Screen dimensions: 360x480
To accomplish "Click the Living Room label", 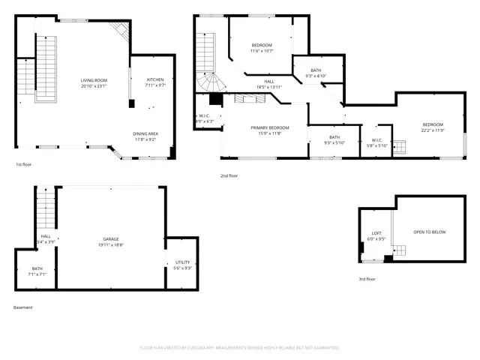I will tap(94, 79).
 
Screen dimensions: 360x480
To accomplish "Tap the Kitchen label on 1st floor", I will tap(155, 79).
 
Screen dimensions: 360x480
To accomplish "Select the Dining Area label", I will tap(145, 133).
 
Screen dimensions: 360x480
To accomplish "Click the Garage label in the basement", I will tap(111, 239).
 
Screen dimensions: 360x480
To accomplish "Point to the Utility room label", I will tap(182, 262).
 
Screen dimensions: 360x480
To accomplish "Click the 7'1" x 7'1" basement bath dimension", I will tap(37, 274).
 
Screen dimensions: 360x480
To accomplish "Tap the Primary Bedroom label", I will tap(265, 128).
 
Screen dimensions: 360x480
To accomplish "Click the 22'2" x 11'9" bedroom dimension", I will tap(433, 130).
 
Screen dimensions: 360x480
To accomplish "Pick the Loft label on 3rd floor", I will tap(377, 233).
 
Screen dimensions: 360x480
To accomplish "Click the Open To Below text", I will tap(429, 232).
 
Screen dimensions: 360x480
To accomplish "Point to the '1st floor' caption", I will tap(23, 164).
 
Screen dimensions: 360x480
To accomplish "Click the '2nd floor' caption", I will tap(229, 175).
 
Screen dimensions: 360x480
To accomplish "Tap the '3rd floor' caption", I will tap(367, 279).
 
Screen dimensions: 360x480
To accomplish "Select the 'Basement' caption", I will tap(22, 307).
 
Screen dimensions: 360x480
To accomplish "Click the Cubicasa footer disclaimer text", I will tap(239, 348).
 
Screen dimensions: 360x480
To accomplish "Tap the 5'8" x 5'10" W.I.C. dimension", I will tap(377, 145).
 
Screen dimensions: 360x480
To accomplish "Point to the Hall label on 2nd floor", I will tap(268, 82).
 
